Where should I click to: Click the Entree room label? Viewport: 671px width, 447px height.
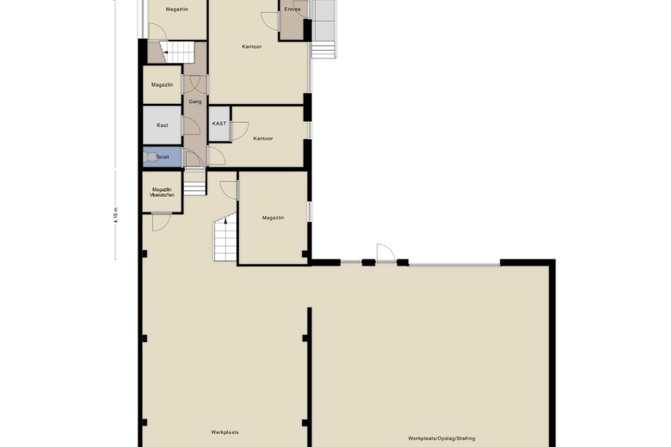coord(292,9)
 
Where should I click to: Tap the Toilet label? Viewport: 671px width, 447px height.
coord(163,157)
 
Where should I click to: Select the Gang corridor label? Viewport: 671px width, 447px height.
coord(195,101)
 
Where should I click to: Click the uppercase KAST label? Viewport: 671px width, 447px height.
coord(219,124)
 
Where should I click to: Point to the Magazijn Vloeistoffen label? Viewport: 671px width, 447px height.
coord(162,192)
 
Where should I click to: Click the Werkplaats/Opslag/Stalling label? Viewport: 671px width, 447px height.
coord(442,438)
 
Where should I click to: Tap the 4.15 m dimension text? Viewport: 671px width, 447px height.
coord(115,214)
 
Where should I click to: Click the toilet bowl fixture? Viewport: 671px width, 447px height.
coord(153,157)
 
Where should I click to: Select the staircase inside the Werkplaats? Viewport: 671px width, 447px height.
coord(225,239)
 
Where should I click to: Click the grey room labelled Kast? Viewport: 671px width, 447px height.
coord(162,125)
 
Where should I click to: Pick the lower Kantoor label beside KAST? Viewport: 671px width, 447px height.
coord(262,138)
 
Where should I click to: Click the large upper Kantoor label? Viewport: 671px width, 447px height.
coord(252,46)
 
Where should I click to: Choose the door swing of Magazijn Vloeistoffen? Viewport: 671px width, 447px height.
coord(160,222)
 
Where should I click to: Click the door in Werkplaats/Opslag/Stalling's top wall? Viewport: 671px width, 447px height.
coord(385,254)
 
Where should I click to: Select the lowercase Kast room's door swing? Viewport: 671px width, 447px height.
coord(191,126)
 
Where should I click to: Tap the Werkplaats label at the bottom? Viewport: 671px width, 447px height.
coord(225,432)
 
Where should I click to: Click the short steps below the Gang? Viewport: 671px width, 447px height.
coord(195,182)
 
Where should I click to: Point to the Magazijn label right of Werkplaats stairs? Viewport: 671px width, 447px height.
coord(273,217)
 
